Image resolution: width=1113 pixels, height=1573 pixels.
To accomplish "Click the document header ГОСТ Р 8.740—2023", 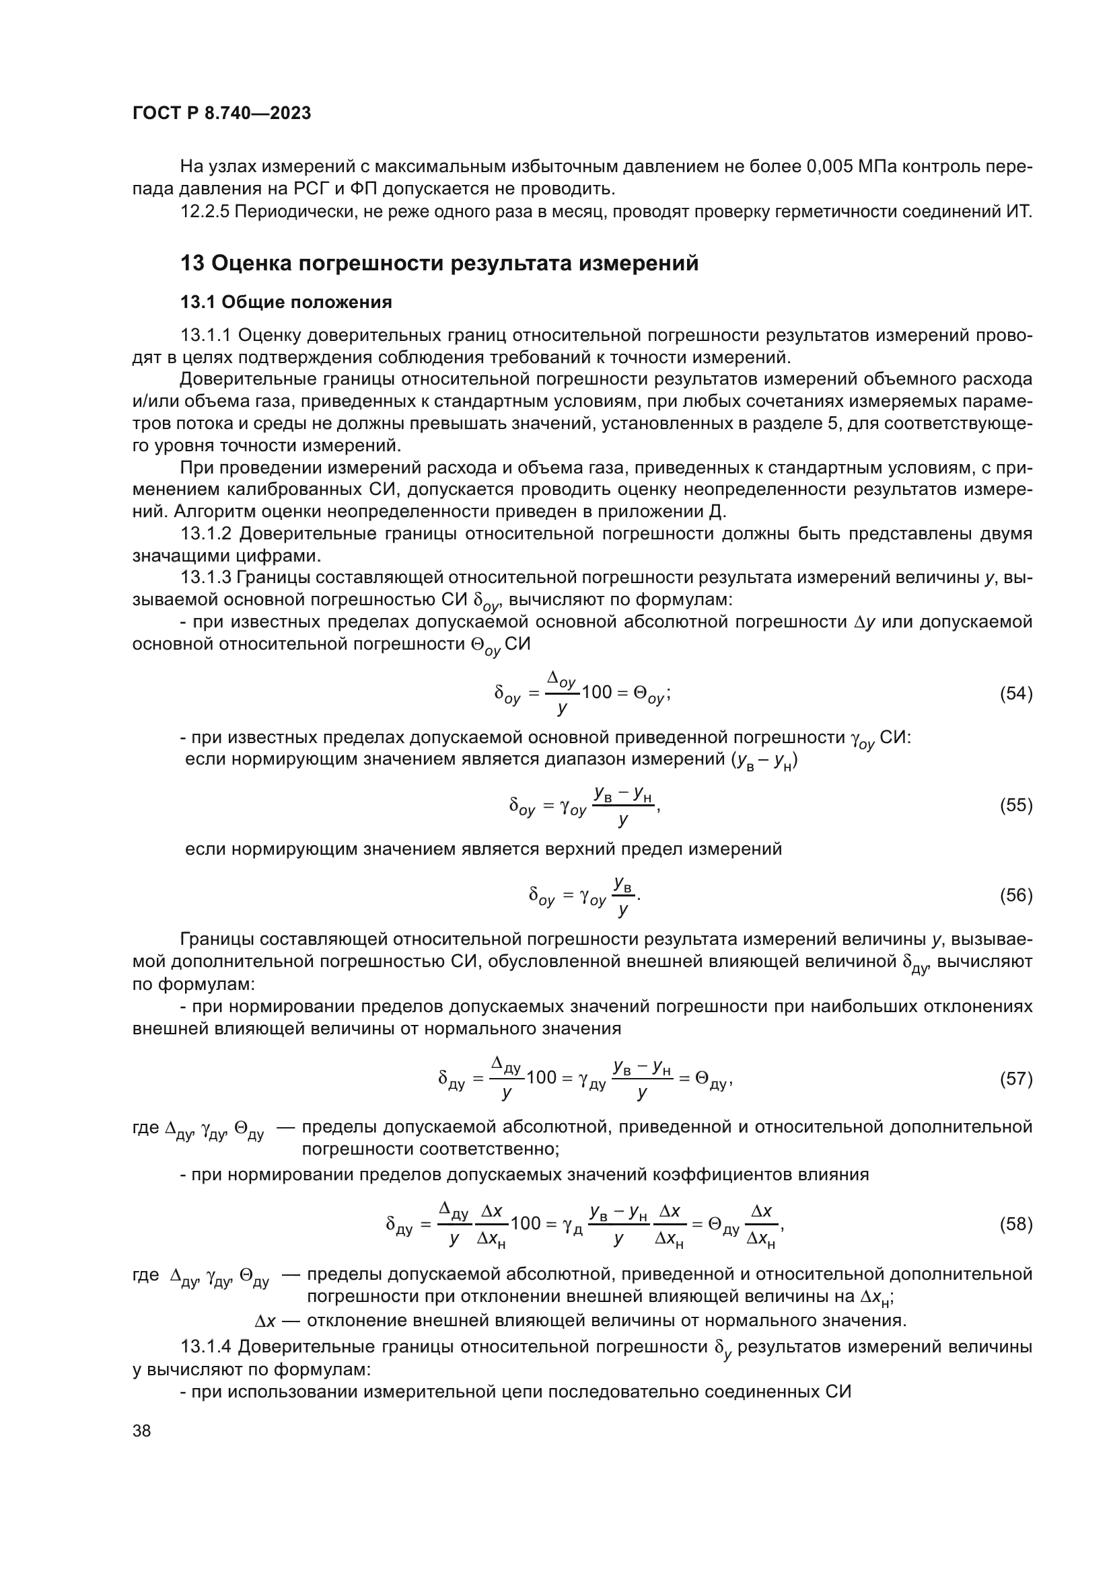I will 221,113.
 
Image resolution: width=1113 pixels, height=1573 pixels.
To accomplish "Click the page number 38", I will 142,1430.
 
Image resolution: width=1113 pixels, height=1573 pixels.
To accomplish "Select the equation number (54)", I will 1015,693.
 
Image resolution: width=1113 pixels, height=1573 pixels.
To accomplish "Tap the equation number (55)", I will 1015,805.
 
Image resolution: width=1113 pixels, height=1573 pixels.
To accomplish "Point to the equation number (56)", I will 1015,895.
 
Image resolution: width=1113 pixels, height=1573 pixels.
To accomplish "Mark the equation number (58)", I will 1015,1223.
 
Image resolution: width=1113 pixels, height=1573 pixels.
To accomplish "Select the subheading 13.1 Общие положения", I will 286,302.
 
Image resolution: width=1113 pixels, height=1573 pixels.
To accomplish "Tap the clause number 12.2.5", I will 205,212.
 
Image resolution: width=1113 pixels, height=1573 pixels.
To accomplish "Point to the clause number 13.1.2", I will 206,534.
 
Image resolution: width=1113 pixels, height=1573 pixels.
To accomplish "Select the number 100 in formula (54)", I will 596,692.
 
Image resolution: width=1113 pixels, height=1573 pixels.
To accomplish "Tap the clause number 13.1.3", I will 206,578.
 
